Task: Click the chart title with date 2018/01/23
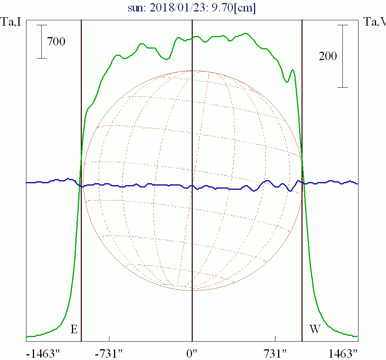coord(192,8)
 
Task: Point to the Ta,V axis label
coord(375,22)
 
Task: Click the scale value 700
coord(56,41)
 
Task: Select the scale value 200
coord(328,56)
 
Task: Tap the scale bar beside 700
coord(42,41)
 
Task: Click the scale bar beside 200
coord(342,56)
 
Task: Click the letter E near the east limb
coord(74,329)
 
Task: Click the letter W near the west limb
coord(314,329)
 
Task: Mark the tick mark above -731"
coord(109,339)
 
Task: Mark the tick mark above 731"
coord(275,339)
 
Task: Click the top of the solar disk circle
coord(192,70)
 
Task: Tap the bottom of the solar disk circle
coord(192,290)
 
